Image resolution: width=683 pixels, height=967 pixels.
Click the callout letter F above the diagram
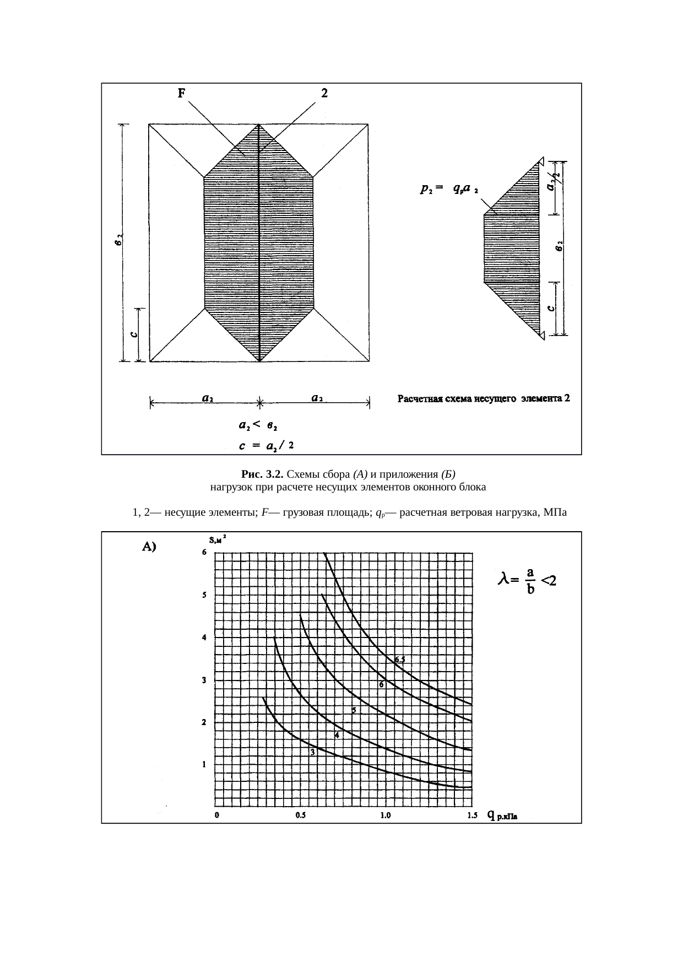point(181,94)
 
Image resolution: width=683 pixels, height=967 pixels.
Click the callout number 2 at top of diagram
point(324,94)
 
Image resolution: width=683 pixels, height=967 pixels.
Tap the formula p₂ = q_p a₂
point(448,190)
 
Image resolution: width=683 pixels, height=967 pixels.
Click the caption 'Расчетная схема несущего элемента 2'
point(483,399)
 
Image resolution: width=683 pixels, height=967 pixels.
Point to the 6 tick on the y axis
point(204,553)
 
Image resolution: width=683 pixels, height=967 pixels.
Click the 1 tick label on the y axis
point(204,764)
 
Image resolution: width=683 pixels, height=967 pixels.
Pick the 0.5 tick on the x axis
point(301,816)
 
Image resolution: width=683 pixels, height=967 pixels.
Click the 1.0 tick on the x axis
point(386,816)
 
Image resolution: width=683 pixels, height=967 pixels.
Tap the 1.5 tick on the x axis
point(472,816)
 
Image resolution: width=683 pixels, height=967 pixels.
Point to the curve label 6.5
point(400,660)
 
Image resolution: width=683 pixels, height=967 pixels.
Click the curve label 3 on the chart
point(312,753)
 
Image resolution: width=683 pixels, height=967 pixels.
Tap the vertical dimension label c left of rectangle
point(133,334)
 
